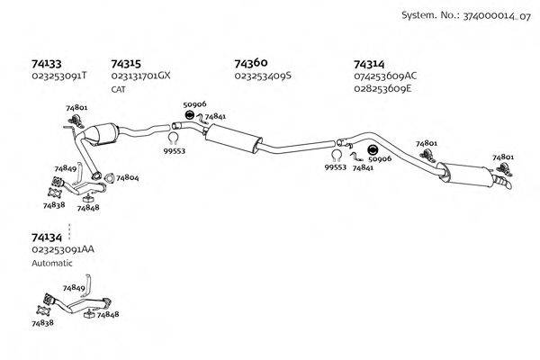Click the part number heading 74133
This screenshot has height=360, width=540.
coord(46,64)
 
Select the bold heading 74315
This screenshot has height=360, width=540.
coord(125,64)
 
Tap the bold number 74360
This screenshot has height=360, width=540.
coord(250,64)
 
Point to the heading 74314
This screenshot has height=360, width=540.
coord(369,64)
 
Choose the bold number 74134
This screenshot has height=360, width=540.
coord(46,237)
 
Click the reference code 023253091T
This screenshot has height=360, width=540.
coord(58,76)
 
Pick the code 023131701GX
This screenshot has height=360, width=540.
coord(139,76)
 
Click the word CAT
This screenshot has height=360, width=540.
coord(119,89)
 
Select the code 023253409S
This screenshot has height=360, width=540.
coord(263,76)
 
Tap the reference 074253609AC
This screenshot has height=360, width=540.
coord(385,76)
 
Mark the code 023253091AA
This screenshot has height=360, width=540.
coord(62,248)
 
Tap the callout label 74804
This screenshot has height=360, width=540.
coord(127,178)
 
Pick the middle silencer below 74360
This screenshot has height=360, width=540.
coord(231,139)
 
